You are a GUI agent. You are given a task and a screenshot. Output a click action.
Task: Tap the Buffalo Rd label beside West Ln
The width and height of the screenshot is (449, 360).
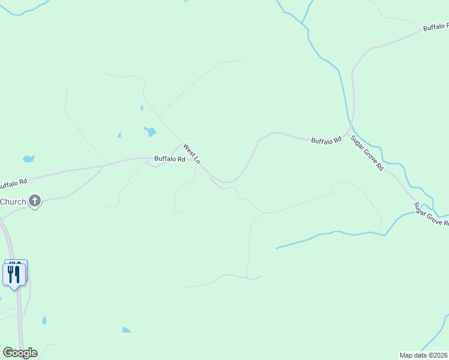point(169,159)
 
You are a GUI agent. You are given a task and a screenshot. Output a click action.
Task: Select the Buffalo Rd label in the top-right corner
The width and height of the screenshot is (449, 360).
point(435,27)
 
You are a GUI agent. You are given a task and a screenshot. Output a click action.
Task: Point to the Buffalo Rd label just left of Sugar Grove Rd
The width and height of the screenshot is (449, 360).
point(326,140)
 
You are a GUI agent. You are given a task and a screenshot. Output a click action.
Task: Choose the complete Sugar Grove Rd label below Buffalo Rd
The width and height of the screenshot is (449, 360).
point(367,153)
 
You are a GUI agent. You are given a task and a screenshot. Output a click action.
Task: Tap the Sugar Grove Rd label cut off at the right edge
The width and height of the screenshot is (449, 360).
point(431,215)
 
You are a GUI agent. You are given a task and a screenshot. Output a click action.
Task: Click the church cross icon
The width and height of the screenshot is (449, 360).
point(35,202)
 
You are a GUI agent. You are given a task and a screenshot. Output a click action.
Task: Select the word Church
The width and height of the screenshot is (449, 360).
point(13,202)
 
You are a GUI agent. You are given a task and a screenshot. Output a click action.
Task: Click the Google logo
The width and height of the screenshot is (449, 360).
point(20,353)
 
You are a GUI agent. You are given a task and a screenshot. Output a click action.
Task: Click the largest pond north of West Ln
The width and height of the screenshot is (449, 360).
point(150,131)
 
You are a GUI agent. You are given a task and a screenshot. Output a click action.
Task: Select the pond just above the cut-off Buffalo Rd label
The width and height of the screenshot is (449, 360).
point(28,159)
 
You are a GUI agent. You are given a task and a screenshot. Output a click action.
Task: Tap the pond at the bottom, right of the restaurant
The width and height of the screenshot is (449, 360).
point(126,329)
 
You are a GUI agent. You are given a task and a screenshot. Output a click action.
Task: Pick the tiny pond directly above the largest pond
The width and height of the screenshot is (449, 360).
point(142,108)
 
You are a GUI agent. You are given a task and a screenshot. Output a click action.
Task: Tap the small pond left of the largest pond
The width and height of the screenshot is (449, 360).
point(119,135)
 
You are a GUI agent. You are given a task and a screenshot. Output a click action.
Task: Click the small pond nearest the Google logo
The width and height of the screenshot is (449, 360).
point(44,320)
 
